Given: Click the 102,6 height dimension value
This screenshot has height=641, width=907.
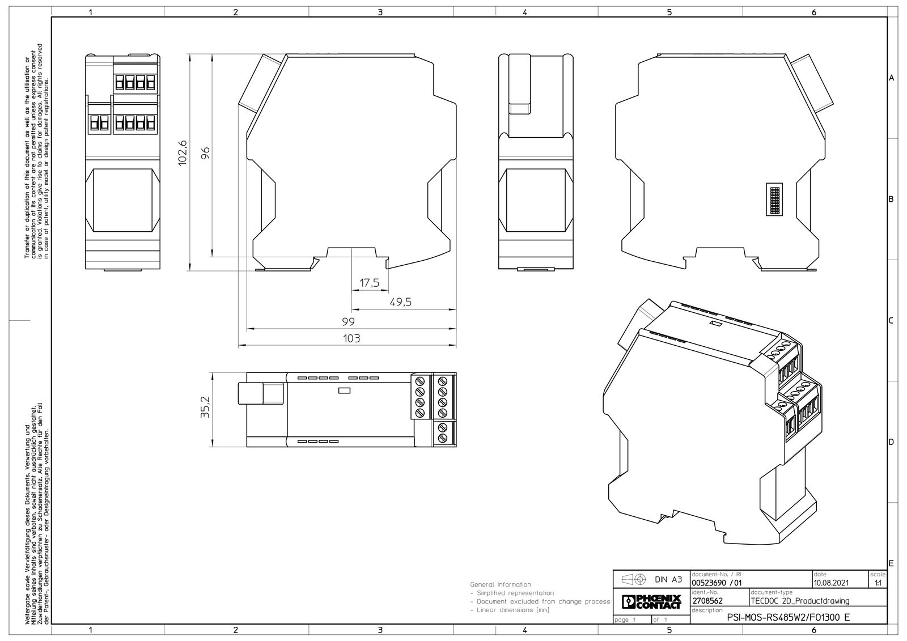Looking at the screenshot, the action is click(183, 152).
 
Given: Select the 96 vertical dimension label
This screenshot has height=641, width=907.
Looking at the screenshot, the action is click(206, 152).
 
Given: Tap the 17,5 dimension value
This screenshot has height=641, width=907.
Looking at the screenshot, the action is click(369, 282).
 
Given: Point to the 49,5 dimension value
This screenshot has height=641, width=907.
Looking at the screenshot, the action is click(400, 302).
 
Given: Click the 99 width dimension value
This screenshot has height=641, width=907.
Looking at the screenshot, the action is click(348, 321).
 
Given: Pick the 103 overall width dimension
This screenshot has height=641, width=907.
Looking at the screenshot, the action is click(351, 338).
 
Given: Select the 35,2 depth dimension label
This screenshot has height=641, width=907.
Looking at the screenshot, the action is click(206, 407).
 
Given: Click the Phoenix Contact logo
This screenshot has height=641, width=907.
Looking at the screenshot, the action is click(651, 602).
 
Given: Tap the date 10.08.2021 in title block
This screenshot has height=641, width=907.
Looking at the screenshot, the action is click(831, 583).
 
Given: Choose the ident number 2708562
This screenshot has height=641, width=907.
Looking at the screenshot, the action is click(707, 601).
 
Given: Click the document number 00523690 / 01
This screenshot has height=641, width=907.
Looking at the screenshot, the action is click(717, 583).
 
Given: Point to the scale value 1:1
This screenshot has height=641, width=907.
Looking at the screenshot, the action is click(878, 583).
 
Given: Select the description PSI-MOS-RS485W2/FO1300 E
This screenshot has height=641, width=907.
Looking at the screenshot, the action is click(789, 618).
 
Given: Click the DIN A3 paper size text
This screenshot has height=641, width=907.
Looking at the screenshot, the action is click(668, 579).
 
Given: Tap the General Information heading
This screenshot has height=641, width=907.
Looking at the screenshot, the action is click(501, 584).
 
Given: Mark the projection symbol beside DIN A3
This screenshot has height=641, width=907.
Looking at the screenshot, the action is click(634, 580).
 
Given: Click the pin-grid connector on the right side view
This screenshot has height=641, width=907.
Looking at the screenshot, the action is click(774, 199).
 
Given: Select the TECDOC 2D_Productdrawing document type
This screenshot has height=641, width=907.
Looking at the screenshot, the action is click(800, 601).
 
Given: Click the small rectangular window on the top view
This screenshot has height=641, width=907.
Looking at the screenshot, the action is click(344, 390).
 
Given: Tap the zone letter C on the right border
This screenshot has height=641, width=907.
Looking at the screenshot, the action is click(891, 321).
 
